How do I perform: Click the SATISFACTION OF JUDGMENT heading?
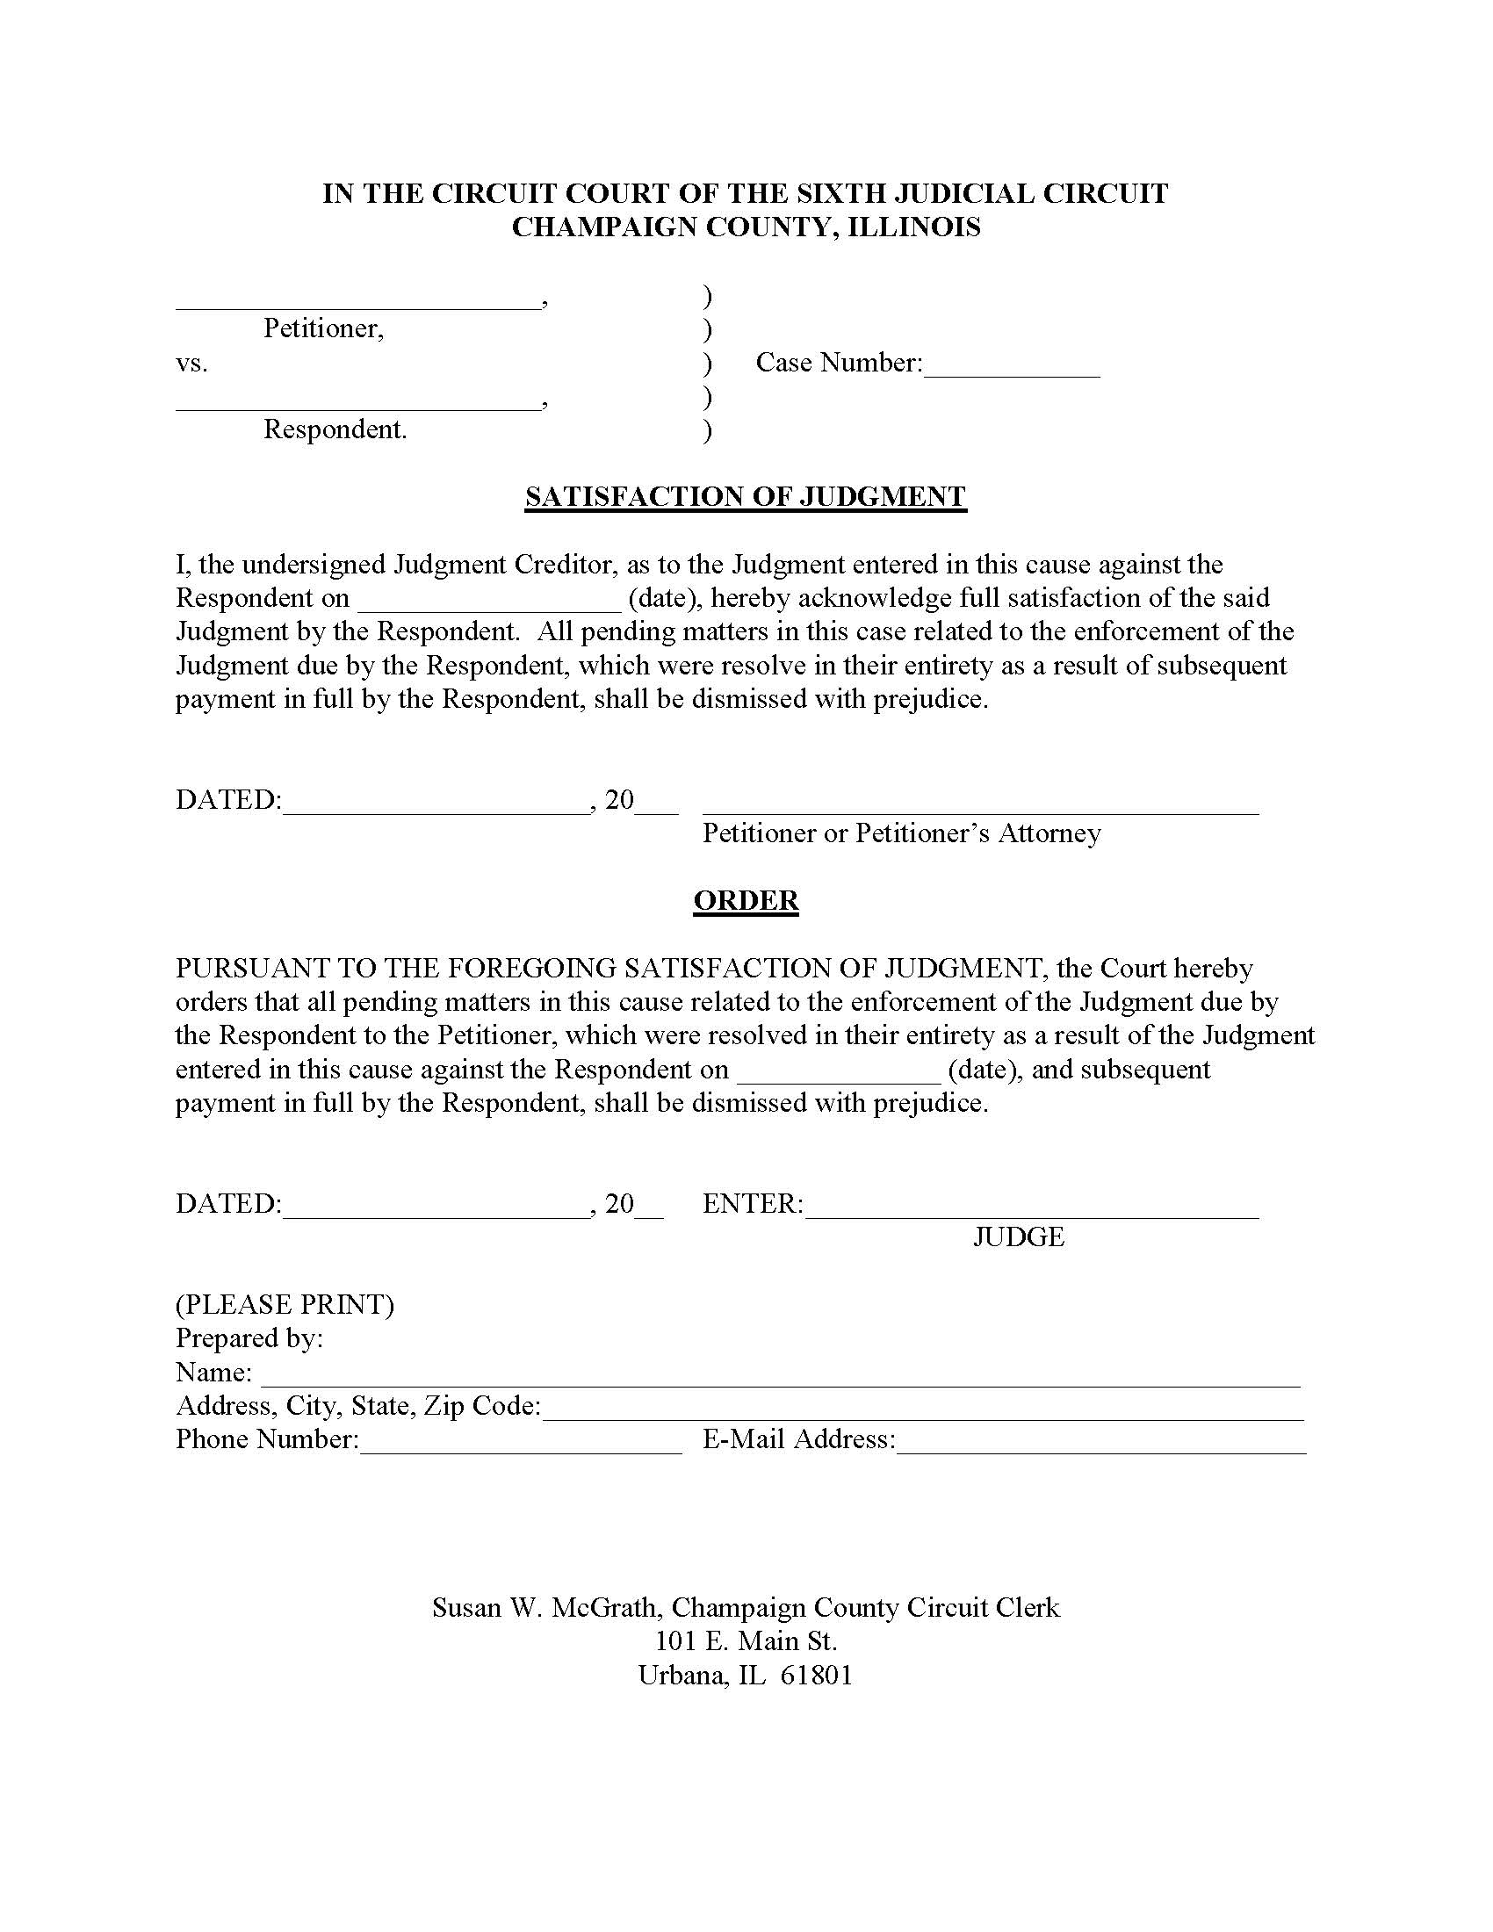pos(746,496)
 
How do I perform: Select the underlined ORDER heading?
pos(746,900)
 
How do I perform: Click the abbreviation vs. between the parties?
pos(192,364)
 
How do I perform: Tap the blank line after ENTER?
pos(1031,1213)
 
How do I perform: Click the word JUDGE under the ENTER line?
pos(1019,1236)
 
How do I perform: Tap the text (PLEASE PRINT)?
pos(285,1305)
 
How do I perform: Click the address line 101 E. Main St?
pos(746,1641)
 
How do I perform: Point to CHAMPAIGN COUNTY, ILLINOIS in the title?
pos(746,227)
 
